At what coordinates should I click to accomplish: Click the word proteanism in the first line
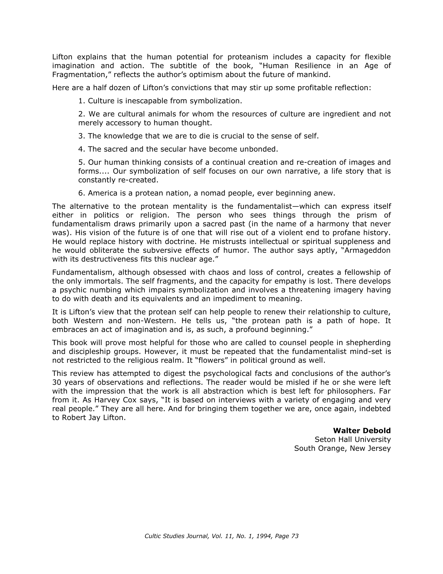click(x=248, y=57)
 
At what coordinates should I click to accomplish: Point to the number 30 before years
click(x=56, y=382)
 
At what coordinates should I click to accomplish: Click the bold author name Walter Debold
click(x=362, y=431)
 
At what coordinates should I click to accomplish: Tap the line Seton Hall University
click(x=352, y=440)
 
